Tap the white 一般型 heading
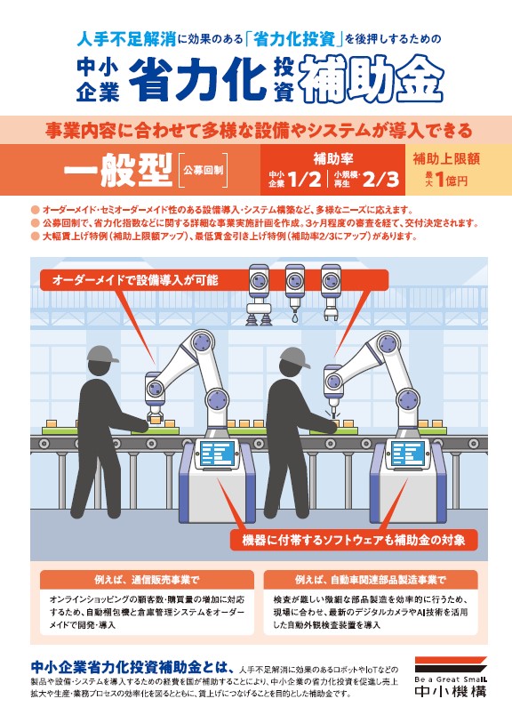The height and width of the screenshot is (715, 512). (x=118, y=170)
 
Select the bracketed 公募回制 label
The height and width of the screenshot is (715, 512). (x=204, y=171)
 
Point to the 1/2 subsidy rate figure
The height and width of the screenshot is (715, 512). (x=306, y=180)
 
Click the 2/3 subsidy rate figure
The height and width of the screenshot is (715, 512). (x=380, y=180)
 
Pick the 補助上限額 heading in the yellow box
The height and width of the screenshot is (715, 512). (x=446, y=158)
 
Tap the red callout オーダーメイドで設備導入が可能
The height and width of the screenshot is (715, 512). (x=135, y=279)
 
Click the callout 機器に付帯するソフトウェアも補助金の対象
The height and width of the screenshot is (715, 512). (x=354, y=541)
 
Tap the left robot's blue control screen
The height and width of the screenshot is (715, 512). (x=218, y=453)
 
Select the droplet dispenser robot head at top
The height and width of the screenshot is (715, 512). (x=295, y=293)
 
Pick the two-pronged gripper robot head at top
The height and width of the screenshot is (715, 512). (x=331, y=293)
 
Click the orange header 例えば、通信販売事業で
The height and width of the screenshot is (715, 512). (x=147, y=580)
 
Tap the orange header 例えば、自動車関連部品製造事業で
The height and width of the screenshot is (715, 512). (x=370, y=580)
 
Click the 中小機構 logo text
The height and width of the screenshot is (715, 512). (x=451, y=691)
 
